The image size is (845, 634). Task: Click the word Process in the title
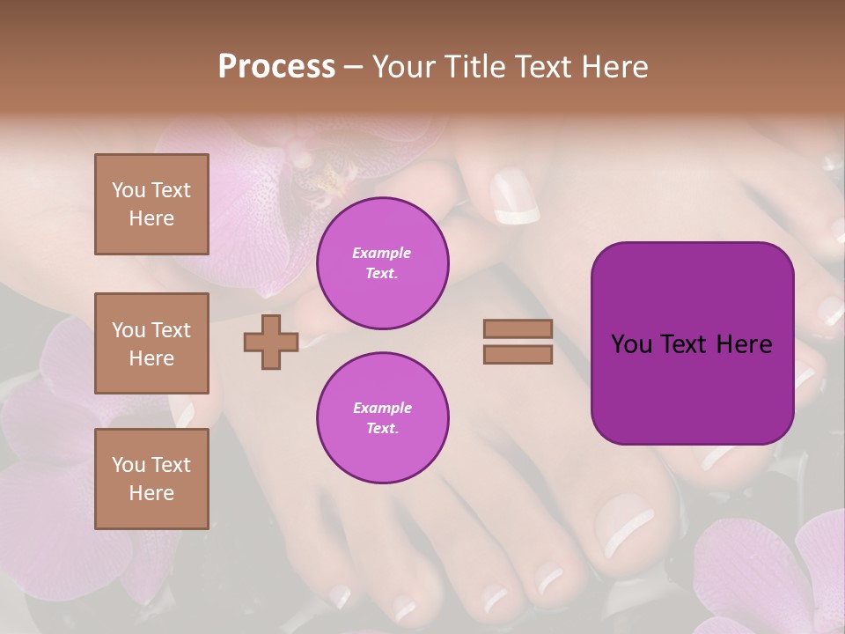click(276, 67)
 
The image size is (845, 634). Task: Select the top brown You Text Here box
click(151, 204)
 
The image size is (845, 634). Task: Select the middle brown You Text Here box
click(151, 343)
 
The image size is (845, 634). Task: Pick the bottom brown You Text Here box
click(151, 478)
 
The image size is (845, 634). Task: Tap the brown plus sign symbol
click(271, 342)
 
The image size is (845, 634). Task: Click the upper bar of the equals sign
click(518, 328)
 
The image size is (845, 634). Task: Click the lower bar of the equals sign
click(518, 354)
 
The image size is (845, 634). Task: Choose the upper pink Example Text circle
click(382, 263)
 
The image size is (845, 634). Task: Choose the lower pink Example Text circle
click(382, 417)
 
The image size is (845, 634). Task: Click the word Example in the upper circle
click(382, 253)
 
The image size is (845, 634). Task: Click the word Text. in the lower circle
click(382, 428)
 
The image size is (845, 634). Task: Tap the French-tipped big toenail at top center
click(515, 198)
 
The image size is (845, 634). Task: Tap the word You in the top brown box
click(129, 190)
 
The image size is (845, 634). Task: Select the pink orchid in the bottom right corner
click(766, 572)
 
